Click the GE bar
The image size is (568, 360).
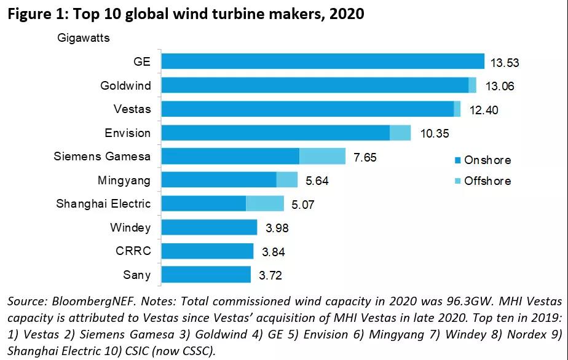coord(323,61)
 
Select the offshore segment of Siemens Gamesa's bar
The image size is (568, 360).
coord(322,156)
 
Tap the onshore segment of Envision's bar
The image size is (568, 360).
coord(275,133)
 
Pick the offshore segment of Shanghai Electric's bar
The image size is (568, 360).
coord(265,203)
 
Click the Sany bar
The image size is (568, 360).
coord(206,275)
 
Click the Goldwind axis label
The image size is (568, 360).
coord(125,85)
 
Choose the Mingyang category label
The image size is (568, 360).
coord(124,180)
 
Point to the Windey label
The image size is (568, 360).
coord(130,227)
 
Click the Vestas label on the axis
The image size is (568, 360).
coord(132,109)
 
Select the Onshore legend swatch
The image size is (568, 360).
coord(457,160)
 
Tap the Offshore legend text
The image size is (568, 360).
coord(488,181)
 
